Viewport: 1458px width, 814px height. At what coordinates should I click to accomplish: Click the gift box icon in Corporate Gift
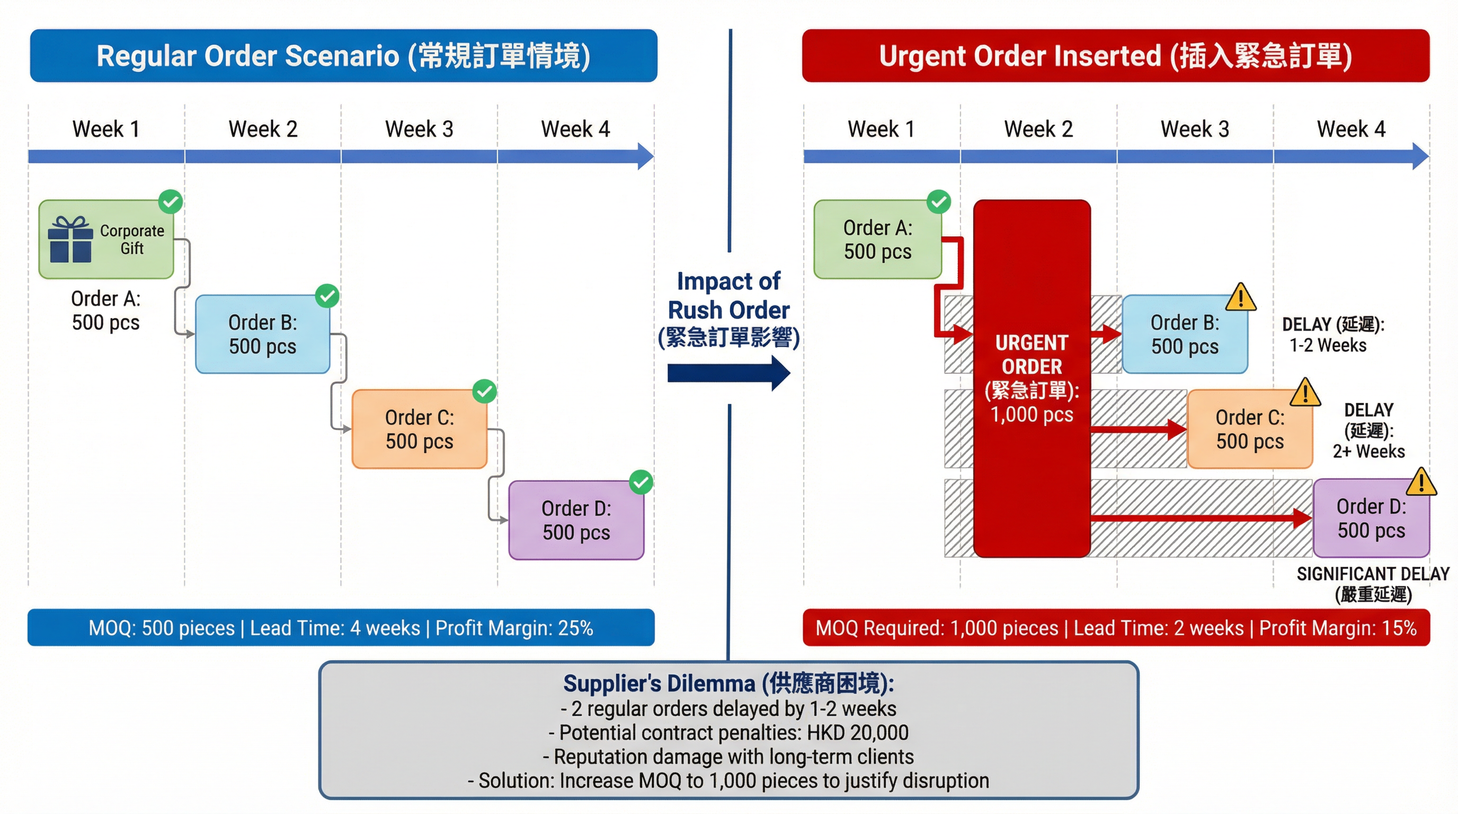70,240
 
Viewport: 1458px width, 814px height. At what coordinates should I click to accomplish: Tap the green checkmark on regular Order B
327,296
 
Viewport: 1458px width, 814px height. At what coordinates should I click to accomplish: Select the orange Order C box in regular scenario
420,429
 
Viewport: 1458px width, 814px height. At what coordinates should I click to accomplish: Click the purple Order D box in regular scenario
576,520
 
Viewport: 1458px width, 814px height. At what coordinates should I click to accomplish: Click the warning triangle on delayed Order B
1241,298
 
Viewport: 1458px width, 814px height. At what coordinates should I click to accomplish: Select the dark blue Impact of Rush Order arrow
729,373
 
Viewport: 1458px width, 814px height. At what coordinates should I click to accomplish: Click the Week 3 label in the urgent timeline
1195,129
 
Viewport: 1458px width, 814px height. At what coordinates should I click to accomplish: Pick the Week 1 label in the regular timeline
106,129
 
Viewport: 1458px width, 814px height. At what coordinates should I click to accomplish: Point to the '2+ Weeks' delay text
1368,451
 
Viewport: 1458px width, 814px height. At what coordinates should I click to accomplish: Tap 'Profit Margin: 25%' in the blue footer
514,628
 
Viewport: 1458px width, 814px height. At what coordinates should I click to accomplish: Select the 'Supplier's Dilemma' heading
728,683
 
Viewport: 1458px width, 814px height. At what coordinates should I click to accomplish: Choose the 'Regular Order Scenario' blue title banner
343,56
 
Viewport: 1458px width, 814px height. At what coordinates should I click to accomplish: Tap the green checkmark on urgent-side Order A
938,201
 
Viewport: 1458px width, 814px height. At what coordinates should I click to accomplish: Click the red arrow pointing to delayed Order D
1200,517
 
